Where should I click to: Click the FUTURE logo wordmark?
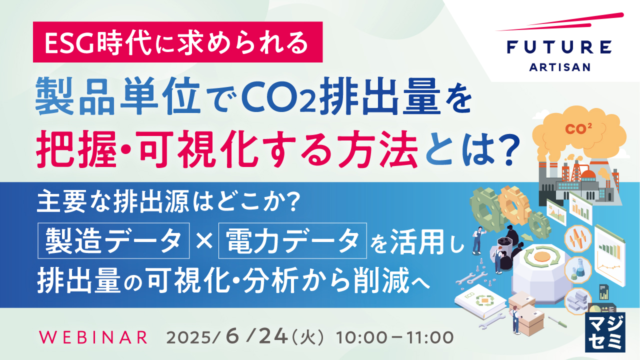558,47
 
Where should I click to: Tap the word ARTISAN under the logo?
558,67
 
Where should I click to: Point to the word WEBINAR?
93,337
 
